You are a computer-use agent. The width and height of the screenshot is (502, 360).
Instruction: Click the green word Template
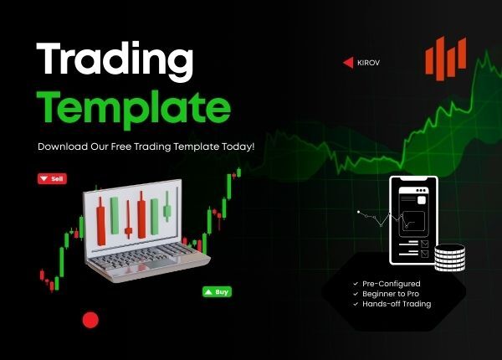pos(134,107)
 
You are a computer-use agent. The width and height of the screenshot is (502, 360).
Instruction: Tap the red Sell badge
pos(52,178)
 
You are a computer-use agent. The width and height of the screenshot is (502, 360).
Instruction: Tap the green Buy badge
pos(217,292)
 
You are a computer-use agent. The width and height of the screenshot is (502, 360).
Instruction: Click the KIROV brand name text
pos(368,62)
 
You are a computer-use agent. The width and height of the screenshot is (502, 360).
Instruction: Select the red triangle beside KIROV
pos(348,62)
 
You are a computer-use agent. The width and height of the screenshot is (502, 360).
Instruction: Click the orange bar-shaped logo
pos(444,59)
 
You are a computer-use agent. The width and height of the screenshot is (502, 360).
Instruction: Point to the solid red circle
pos(90,319)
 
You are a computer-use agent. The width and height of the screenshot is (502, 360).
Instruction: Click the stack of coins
pos(449,257)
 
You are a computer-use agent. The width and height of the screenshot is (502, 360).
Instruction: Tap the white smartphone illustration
pos(412,221)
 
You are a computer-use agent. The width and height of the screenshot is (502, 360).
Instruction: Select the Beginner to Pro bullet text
pos(391,294)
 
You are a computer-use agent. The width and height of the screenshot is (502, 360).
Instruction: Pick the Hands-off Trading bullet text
pos(397,304)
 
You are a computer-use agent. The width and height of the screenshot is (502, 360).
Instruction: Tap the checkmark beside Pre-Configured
pos(355,284)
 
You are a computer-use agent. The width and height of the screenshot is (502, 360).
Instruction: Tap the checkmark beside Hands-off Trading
pos(355,304)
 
